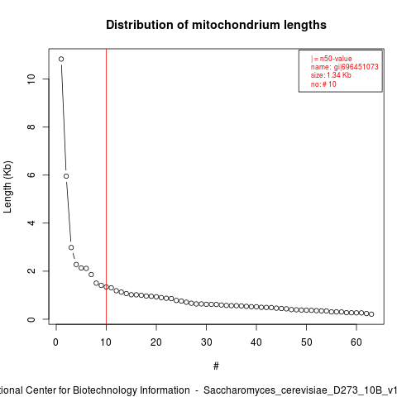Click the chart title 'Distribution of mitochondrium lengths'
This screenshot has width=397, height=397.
tap(216, 25)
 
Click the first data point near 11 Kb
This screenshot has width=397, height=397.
tap(61, 59)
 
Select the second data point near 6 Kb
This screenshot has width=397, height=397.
tap(66, 176)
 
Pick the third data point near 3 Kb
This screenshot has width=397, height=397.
tap(71, 247)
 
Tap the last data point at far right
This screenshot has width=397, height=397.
tap(371, 314)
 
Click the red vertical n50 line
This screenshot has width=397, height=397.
tap(106, 187)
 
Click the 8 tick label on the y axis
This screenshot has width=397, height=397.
tap(31, 127)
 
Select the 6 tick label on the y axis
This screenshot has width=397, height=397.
tap(31, 175)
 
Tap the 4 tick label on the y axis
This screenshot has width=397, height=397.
tap(31, 222)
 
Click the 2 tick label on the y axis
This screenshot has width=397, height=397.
tap(31, 271)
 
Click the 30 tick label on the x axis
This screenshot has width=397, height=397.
tap(206, 342)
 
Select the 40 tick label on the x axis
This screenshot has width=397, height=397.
tap(256, 342)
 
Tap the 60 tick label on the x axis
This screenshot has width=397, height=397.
tap(356, 342)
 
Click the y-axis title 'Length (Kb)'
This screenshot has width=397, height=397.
tap(7, 187)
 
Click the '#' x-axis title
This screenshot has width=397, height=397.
tap(216, 366)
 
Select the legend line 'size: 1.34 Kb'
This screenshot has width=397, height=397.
tap(331, 75)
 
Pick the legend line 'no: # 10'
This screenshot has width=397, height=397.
tap(323, 84)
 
